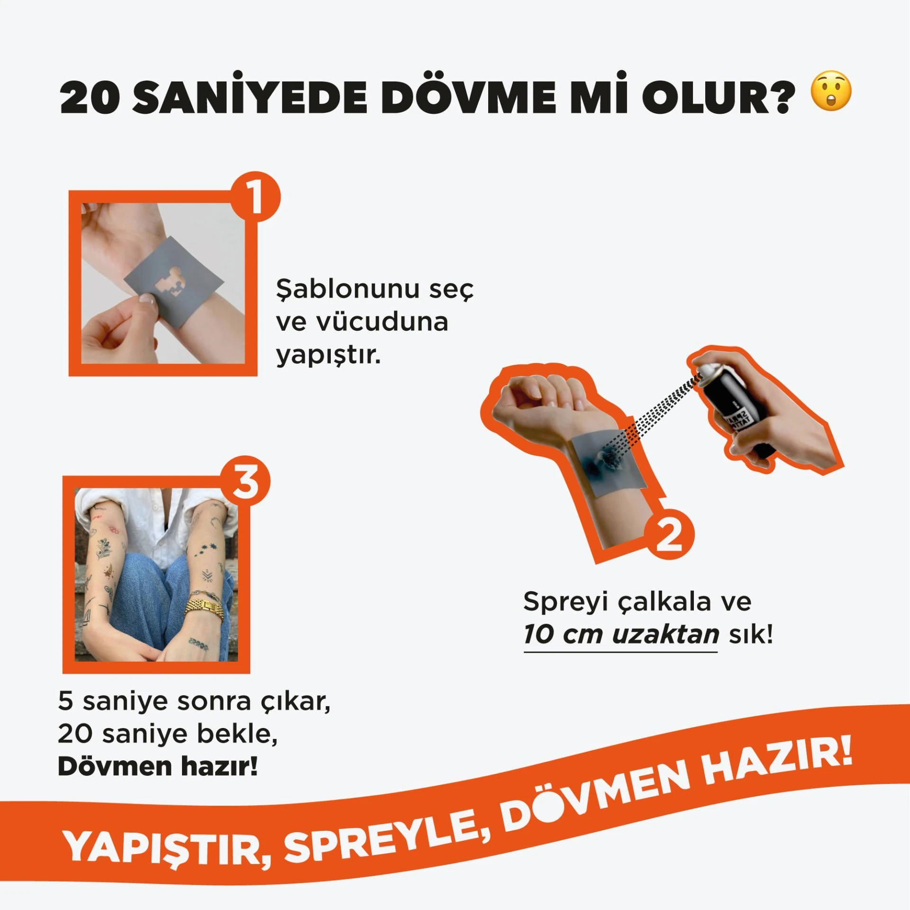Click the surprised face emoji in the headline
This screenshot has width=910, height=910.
click(x=831, y=91)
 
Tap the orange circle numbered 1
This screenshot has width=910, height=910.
click(x=255, y=196)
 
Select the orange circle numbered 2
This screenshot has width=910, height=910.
click(x=669, y=534)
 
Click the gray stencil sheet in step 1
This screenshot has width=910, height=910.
click(x=173, y=282)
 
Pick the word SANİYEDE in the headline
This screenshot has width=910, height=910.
click(x=250, y=94)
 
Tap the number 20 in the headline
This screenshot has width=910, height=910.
click(x=90, y=97)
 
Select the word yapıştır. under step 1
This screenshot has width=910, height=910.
click(x=328, y=355)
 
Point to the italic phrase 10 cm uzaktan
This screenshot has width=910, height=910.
click(x=621, y=634)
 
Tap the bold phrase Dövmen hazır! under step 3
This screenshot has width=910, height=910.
click(x=158, y=766)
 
